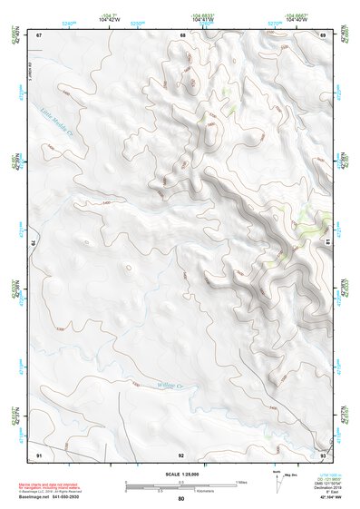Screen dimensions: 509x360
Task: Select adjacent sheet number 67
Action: click(x=39, y=34)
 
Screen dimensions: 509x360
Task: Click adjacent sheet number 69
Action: click(x=324, y=34)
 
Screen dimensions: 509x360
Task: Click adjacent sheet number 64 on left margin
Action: click(x=34, y=244)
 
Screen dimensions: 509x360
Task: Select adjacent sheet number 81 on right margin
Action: click(x=328, y=242)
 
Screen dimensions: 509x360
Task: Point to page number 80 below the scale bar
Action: click(x=181, y=499)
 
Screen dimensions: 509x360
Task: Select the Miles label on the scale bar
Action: click(x=241, y=481)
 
